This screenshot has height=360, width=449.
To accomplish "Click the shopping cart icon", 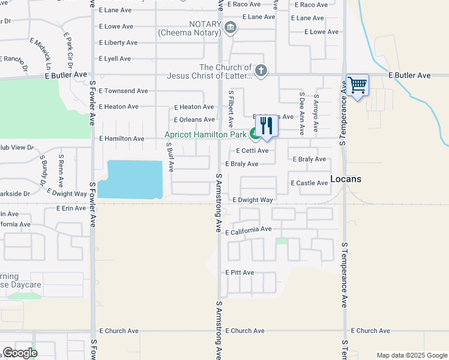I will (x=357, y=85).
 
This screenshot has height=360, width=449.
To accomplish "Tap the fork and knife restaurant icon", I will (x=267, y=126).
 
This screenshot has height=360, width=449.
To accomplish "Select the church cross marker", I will (x=261, y=71).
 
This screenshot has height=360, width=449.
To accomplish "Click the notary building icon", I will (x=230, y=28).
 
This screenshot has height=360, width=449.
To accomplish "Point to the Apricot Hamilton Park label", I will (x=206, y=135).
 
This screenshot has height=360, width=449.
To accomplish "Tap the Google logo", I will (x=20, y=353).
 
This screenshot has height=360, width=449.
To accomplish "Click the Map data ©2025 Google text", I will (x=411, y=355).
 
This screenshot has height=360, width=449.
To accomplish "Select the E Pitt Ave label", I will (x=240, y=272).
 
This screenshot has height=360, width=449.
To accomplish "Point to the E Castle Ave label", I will (x=309, y=183).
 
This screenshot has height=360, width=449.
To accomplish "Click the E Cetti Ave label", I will (x=252, y=151).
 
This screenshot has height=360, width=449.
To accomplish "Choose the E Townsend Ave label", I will (x=123, y=91).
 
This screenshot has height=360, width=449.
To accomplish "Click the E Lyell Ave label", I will (x=115, y=59).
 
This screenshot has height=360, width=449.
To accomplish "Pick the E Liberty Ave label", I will (x=118, y=43).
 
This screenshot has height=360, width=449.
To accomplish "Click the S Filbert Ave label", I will (x=231, y=109).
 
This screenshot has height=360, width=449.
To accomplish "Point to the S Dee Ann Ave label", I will (x=302, y=110).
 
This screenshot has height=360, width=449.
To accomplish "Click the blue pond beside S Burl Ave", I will (x=131, y=179).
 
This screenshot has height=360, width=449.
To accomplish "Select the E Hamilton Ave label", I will (x=122, y=139).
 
